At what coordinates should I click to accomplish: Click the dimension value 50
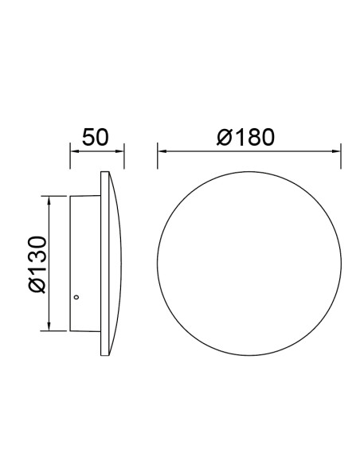[x=96, y=137]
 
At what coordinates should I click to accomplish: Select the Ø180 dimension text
[x=245, y=137]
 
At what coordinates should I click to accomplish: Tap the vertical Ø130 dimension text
[x=37, y=264]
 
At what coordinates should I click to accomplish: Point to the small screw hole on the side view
[x=76, y=297]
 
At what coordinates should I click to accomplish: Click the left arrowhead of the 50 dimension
[x=74, y=151]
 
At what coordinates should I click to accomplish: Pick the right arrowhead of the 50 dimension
[x=119, y=151]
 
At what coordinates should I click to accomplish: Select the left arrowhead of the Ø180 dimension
[x=162, y=151]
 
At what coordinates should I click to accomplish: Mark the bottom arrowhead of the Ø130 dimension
[x=49, y=326]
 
